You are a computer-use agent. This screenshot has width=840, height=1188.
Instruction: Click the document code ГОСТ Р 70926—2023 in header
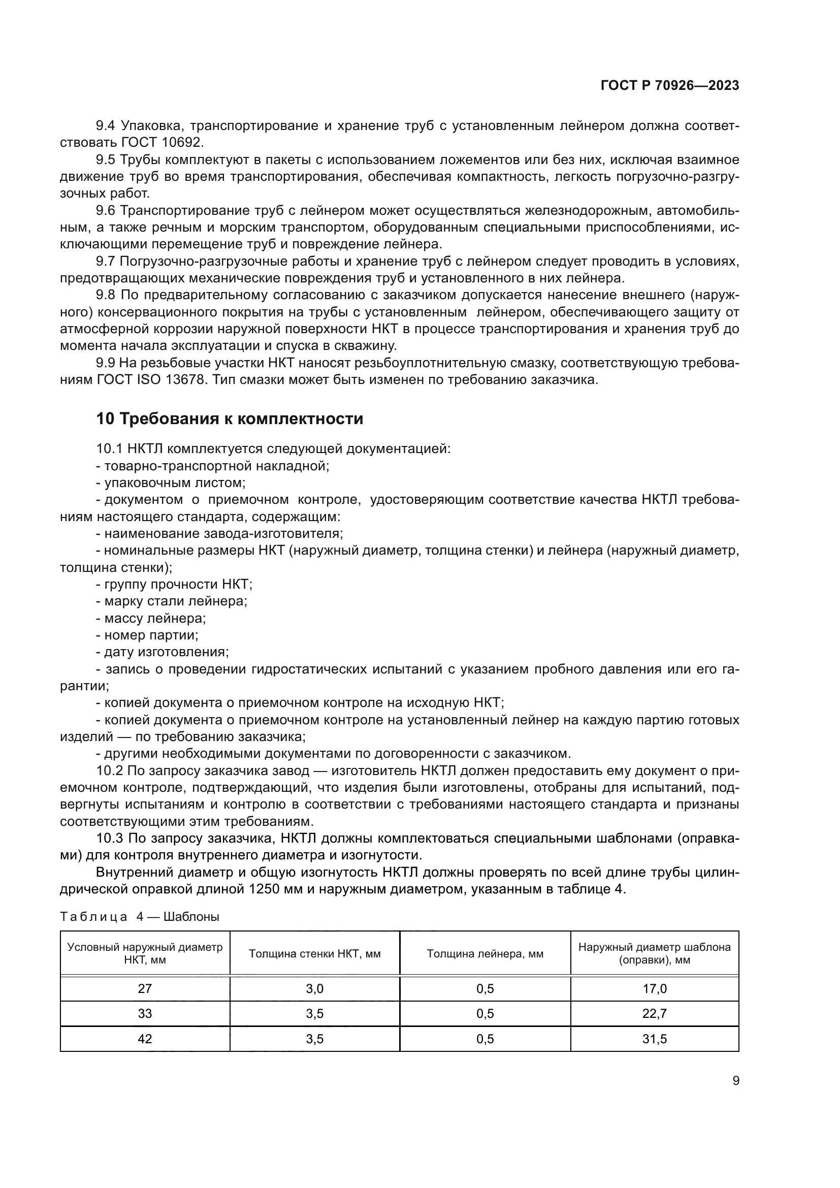click(669, 86)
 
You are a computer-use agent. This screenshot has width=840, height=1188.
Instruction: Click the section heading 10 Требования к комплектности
click(230, 419)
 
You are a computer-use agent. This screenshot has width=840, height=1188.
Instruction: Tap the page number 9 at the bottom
click(735, 1080)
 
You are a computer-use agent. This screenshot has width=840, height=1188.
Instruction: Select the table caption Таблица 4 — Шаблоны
click(140, 917)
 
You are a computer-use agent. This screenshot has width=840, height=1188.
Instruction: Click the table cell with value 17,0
click(654, 989)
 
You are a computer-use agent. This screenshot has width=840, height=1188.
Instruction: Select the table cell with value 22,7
click(654, 1014)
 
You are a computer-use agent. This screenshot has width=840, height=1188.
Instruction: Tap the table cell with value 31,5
click(654, 1039)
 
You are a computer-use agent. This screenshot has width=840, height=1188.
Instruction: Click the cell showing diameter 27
click(145, 989)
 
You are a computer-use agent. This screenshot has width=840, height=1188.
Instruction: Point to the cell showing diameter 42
click(145, 1039)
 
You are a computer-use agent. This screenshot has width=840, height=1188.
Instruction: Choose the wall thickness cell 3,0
click(314, 989)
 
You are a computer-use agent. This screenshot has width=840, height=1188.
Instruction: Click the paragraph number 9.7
click(106, 261)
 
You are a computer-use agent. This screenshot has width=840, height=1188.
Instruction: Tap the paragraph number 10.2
click(109, 770)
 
